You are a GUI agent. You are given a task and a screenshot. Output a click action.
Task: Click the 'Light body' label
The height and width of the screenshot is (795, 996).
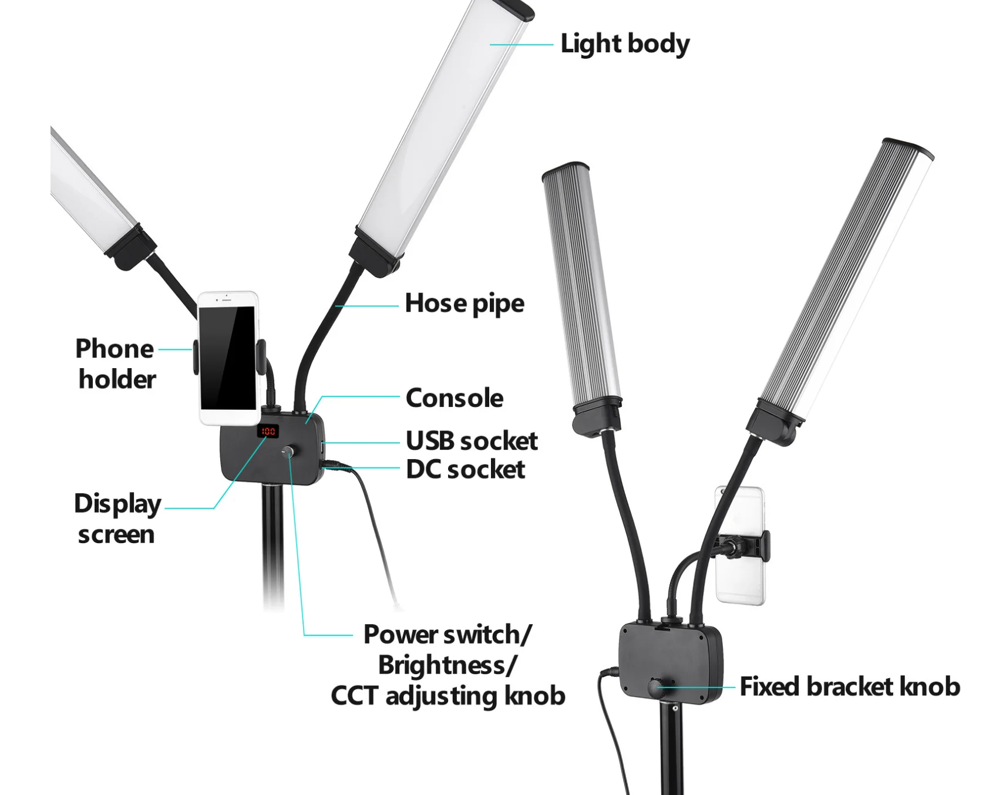click(x=625, y=44)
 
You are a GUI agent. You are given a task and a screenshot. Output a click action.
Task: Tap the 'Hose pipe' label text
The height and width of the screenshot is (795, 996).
click(x=465, y=304)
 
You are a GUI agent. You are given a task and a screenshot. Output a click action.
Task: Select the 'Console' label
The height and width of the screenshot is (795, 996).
click(x=455, y=398)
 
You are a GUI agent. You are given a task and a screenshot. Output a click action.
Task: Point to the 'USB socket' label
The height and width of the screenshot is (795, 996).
click(x=472, y=441)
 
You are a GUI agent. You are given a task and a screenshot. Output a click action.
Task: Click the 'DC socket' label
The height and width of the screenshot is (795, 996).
click(x=466, y=469)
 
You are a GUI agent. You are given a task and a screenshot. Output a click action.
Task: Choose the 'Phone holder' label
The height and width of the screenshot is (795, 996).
click(x=116, y=364)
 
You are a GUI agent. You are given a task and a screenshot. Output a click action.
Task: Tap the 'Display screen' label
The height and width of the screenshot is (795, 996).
click(x=117, y=519)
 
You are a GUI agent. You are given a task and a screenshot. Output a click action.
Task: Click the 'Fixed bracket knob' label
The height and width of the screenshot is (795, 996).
click(x=850, y=686)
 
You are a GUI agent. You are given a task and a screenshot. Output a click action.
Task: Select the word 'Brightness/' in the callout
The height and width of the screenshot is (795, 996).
click(x=447, y=665)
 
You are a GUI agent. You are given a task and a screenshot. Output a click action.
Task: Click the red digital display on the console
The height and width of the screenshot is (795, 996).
click(x=268, y=432)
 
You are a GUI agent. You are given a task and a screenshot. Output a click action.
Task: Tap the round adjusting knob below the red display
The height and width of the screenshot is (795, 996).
click(x=288, y=452)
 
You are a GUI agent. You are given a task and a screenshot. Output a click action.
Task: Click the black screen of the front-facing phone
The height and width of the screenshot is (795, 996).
click(x=228, y=358)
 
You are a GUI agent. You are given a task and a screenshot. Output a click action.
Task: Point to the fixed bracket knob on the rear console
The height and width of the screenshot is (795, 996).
click(x=656, y=686)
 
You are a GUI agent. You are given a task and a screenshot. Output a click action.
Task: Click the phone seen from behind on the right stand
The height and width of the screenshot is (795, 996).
click(x=740, y=545)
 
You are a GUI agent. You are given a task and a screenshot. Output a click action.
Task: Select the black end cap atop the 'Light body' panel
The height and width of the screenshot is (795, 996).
click(x=512, y=8)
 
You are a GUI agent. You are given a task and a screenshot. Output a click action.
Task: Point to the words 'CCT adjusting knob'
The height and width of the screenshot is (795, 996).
click(x=448, y=696)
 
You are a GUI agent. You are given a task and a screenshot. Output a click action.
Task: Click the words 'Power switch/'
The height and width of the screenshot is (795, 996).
click(x=447, y=635)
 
